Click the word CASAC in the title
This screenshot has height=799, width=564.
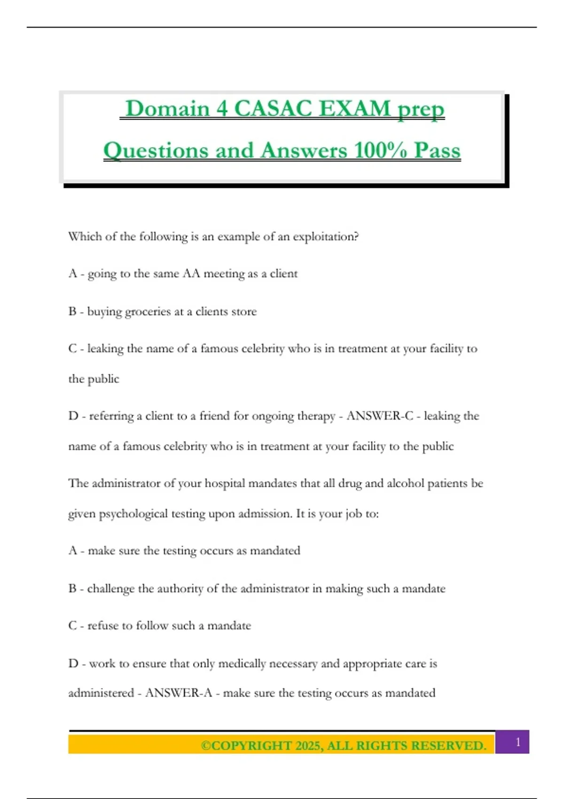click(x=273, y=109)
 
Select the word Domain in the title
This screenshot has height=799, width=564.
click(x=167, y=109)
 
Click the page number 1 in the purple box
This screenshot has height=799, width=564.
click(x=518, y=742)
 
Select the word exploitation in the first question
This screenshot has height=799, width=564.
click(x=325, y=236)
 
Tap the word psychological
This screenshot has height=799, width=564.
click(x=133, y=514)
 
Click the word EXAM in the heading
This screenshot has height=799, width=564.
click(x=355, y=109)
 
